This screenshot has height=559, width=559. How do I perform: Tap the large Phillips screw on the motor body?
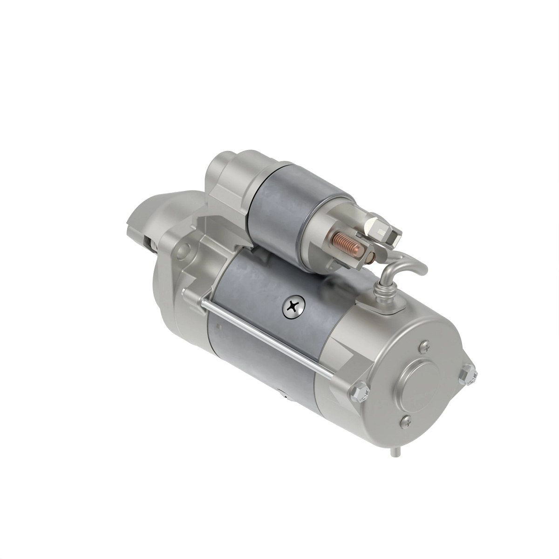coord(293,307)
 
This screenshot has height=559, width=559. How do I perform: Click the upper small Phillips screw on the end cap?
coord(424,347)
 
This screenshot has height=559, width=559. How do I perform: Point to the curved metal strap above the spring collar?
coord(405,266)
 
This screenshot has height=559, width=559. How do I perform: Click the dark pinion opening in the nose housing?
coord(150,242)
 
